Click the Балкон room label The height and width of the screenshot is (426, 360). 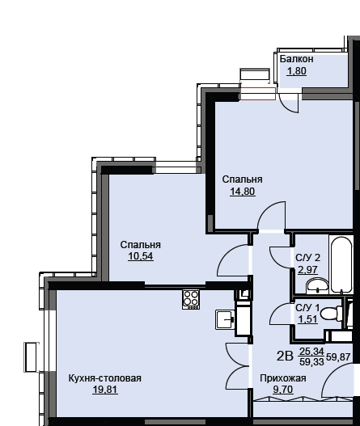(296, 59)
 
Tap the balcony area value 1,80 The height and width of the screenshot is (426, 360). (297, 71)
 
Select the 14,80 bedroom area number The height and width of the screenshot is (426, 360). (243, 192)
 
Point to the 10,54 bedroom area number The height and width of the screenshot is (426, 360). (141, 256)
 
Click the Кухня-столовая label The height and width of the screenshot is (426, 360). (104, 378)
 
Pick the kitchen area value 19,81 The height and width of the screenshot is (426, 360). (105, 390)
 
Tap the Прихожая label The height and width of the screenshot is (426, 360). (283, 378)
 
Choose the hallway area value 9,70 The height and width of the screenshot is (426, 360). (283, 390)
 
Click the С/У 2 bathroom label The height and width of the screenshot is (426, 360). (307, 258)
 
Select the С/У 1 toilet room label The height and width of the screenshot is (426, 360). (307, 308)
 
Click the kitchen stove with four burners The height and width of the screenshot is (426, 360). (191, 299)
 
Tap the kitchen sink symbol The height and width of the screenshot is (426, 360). (225, 320)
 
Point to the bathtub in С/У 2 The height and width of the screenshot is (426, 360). (341, 265)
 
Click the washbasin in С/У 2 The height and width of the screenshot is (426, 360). (317, 285)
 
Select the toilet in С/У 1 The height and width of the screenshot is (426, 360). (332, 314)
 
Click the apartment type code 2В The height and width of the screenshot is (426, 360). (285, 356)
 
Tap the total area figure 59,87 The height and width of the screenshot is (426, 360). (338, 357)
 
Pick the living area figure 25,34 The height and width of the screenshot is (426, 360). (311, 352)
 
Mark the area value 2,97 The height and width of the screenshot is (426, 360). (307, 270)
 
